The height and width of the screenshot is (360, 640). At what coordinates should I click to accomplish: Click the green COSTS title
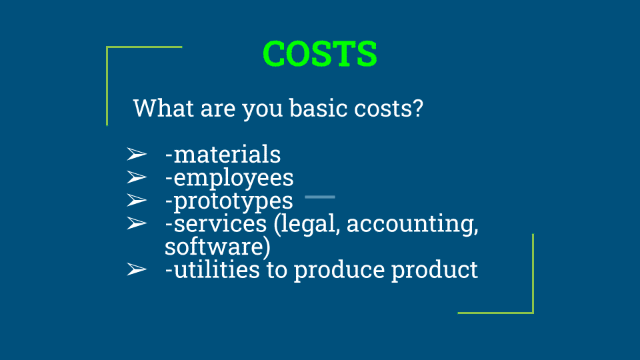pos(320,53)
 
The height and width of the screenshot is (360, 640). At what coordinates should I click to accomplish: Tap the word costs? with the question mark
pos(389,108)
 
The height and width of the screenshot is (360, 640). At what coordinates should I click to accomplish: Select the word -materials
pos(223,154)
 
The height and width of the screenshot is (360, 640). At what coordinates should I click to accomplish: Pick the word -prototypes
pos(229,201)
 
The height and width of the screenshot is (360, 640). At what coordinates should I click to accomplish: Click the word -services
pos(215,224)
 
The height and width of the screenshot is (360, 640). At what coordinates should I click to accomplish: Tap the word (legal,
pos(307,225)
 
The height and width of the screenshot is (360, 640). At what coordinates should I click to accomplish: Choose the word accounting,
pos(412,225)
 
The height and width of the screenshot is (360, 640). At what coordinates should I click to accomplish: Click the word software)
pos(217,247)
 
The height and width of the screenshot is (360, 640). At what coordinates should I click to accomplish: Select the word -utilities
pos(212,270)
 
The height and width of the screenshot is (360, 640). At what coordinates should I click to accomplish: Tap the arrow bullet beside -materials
pos(137,154)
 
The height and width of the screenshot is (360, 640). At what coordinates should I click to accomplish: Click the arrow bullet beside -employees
pos(137,177)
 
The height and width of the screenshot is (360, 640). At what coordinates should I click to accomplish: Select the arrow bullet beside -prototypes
pos(137,201)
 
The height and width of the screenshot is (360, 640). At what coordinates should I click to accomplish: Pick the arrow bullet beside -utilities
pos(137,269)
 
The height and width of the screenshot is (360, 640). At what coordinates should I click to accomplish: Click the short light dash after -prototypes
pos(320,197)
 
